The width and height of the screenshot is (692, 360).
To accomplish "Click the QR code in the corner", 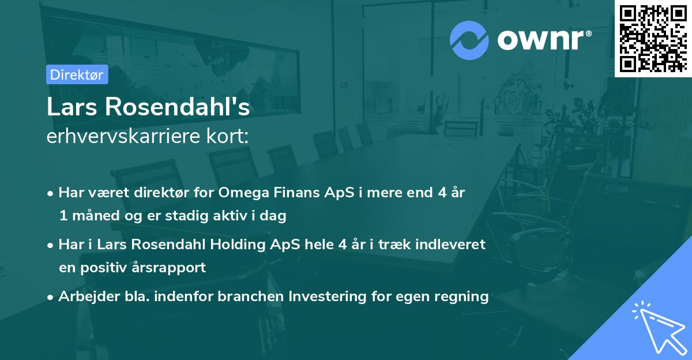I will pos(653,38).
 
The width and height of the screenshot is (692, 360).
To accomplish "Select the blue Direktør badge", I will pos(77,74).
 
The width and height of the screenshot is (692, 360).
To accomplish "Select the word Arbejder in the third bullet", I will pos(84,297).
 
